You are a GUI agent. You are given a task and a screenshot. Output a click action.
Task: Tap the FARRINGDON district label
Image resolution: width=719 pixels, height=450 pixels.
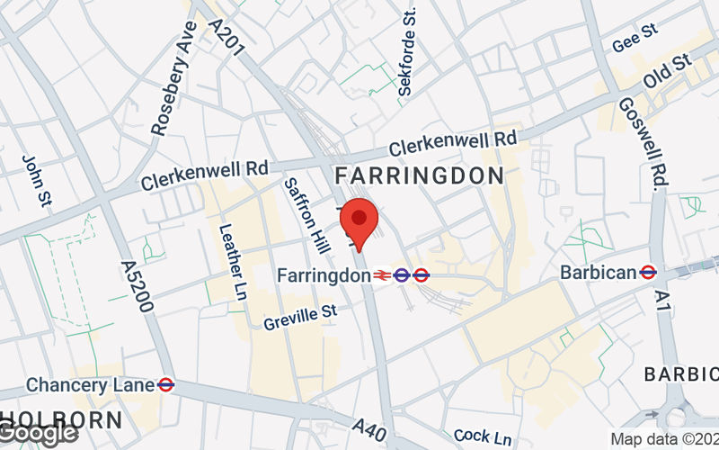[419, 175]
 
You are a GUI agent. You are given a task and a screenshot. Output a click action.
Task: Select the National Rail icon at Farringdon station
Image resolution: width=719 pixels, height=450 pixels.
[384, 274]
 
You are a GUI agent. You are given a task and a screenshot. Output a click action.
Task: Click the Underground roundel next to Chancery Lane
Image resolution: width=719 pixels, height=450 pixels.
[165, 384]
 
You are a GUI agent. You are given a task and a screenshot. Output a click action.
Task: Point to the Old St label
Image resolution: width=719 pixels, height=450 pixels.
[666, 73]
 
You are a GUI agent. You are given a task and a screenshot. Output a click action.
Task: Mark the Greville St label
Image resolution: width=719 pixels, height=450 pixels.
[299, 316]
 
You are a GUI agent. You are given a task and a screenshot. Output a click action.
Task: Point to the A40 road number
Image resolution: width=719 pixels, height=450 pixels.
[370, 427]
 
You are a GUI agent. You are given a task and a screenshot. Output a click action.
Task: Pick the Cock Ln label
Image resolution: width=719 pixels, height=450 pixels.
[483, 436]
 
